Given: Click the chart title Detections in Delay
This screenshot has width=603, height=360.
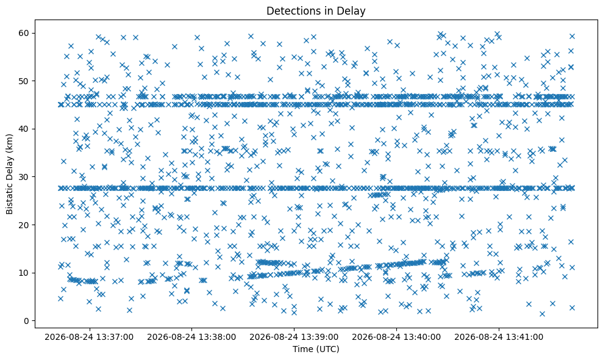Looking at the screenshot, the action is (x=316, y=11).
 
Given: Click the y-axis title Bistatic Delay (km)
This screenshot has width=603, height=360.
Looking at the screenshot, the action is (x=10, y=174).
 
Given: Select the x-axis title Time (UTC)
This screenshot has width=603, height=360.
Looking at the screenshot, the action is (x=316, y=349).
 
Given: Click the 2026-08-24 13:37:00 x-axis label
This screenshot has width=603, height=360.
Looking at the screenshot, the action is (x=89, y=337).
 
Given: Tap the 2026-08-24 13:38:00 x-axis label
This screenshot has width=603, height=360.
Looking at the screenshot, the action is (x=191, y=337).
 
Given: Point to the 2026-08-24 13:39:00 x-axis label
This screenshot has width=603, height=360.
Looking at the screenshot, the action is (x=294, y=337).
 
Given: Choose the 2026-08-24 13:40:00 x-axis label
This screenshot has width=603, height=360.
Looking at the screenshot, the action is (x=396, y=337).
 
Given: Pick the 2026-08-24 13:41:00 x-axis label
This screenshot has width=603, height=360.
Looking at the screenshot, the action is (x=499, y=337).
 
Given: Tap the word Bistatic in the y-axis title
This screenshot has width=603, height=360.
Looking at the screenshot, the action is (x=10, y=199).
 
